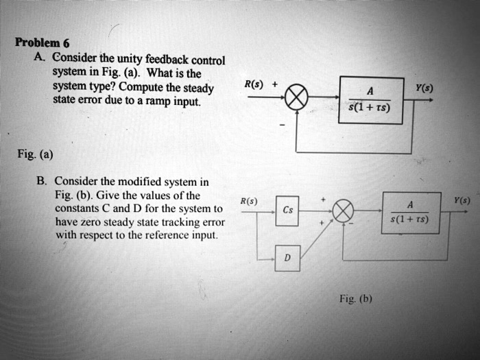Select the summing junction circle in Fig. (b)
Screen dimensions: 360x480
point(344,210)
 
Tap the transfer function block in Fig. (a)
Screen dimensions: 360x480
point(371,99)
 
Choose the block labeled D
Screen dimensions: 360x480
point(287,258)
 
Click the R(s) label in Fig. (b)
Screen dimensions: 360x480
point(248,202)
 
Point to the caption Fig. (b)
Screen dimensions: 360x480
point(356,299)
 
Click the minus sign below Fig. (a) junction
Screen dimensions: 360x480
point(282,126)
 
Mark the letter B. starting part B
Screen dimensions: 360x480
point(42,182)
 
